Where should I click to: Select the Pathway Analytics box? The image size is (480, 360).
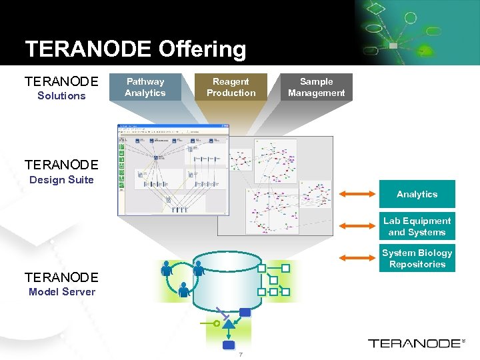click(x=145, y=87)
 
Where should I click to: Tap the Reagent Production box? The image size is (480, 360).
click(x=231, y=87)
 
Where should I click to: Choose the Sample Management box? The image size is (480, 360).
click(x=316, y=87)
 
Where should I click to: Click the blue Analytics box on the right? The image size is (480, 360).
click(x=417, y=194)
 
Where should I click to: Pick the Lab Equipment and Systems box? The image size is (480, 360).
click(x=417, y=227)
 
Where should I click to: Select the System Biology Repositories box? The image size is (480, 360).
click(x=417, y=259)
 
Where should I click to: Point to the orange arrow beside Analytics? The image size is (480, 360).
click(x=358, y=194)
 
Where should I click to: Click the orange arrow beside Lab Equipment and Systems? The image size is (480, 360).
click(x=358, y=227)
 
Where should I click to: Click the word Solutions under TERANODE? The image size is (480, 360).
click(x=61, y=96)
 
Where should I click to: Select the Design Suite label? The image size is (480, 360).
click(x=61, y=180)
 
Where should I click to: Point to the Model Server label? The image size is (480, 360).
click(x=61, y=292)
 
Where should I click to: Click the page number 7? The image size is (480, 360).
click(x=240, y=354)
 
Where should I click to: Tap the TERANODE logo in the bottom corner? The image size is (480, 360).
click(x=415, y=343)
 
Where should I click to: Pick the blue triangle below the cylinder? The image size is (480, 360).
click(x=229, y=325)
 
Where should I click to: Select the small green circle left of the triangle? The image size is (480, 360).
click(x=216, y=323)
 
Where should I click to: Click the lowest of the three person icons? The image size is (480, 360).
click(x=183, y=289)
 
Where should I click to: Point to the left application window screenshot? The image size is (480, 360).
click(x=173, y=170)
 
